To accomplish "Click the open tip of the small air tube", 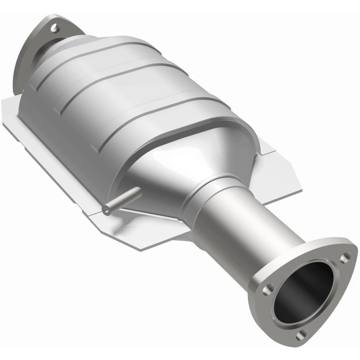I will (106, 208).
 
